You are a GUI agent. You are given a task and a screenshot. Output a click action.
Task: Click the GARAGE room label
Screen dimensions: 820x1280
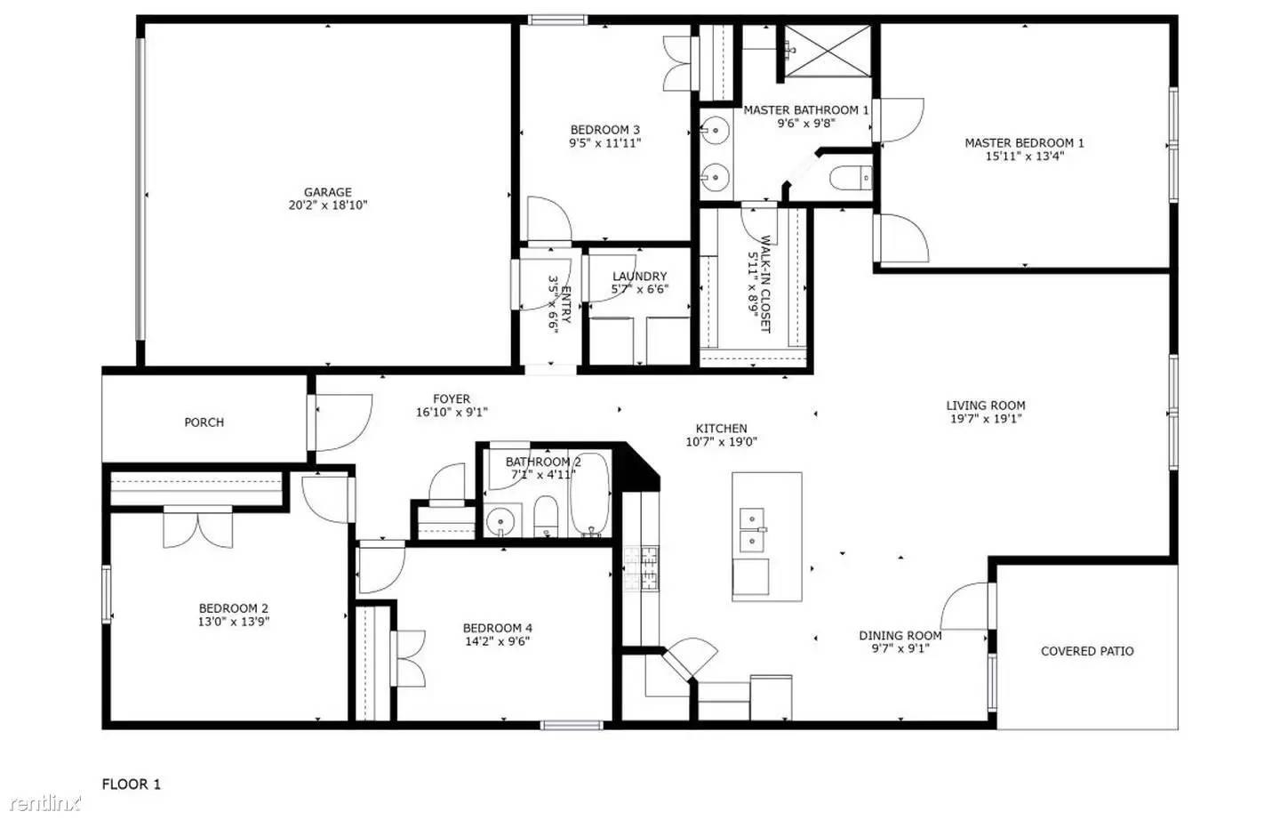point(328,192)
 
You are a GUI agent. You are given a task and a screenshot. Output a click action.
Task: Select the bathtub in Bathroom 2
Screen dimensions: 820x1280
point(588,497)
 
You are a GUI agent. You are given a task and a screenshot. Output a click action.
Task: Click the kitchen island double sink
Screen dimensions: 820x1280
point(752,529)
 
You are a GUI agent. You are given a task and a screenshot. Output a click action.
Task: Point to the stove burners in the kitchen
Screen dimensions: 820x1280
point(641,570)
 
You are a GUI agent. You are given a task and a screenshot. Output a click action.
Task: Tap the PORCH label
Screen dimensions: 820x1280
point(204,422)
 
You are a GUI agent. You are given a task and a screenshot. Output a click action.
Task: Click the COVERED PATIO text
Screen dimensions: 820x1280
point(1087,651)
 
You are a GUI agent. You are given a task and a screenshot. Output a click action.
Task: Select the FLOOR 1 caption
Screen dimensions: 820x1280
point(132,784)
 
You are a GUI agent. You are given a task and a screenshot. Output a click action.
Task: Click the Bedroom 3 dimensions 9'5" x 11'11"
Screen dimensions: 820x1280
point(604,143)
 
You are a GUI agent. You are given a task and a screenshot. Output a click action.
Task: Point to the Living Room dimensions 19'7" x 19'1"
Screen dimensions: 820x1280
point(986,418)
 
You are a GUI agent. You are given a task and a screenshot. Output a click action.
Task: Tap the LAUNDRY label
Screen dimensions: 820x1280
point(639,277)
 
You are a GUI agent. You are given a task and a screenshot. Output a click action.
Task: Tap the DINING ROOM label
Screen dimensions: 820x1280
point(900,636)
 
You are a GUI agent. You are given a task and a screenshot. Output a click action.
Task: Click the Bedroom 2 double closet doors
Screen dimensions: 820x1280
point(197,527)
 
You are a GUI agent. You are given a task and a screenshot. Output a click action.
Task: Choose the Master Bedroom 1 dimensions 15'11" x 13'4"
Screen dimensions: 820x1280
point(1024,157)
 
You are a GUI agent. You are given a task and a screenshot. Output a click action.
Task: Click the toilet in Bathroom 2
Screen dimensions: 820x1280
point(545,518)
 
